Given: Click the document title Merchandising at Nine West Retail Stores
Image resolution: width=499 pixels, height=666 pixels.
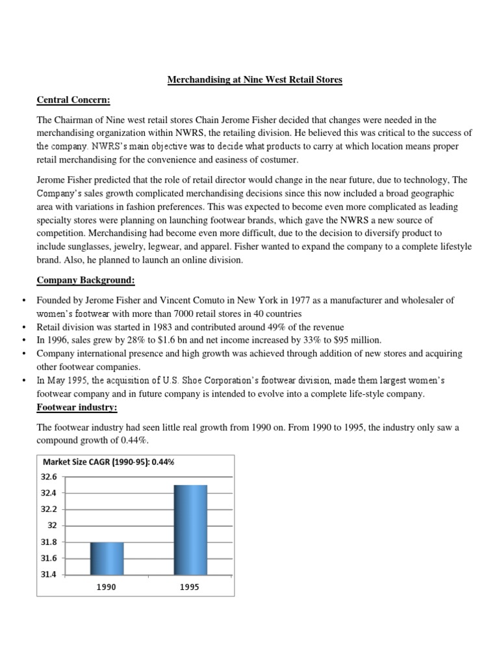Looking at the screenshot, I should (x=255, y=80).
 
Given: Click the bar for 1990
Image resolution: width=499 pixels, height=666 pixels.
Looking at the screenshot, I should (x=107, y=558).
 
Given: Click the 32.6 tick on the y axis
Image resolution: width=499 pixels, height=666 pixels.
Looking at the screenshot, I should (x=52, y=477).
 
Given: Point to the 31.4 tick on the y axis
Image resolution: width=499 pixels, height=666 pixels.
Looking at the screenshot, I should (x=52, y=575).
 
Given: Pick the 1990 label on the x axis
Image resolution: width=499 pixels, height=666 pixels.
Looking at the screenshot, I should (x=107, y=587).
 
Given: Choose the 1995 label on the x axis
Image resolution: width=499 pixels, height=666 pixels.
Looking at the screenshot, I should (x=190, y=587).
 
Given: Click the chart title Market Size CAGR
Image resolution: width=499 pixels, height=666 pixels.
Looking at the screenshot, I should (x=109, y=462).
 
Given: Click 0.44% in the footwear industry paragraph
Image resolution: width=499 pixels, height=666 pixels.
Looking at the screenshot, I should (x=133, y=440).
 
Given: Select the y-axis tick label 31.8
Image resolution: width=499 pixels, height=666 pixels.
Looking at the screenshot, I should (x=52, y=542).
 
